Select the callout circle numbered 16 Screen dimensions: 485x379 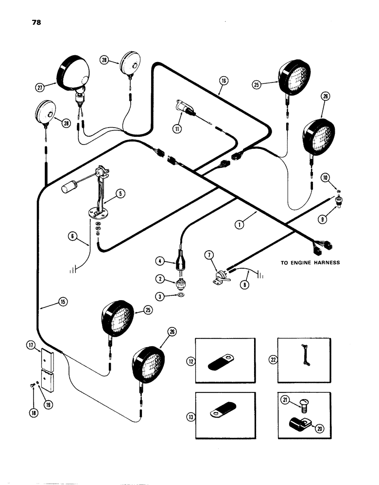(x=223, y=81)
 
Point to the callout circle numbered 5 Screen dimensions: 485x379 (x=121, y=193)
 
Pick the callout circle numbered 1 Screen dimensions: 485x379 (x=240, y=225)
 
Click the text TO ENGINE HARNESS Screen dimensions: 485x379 (x=310, y=263)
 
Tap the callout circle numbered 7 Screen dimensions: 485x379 (x=209, y=254)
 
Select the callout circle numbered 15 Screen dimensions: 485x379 (x=63, y=302)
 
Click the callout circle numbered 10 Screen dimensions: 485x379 (x=325, y=178)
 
